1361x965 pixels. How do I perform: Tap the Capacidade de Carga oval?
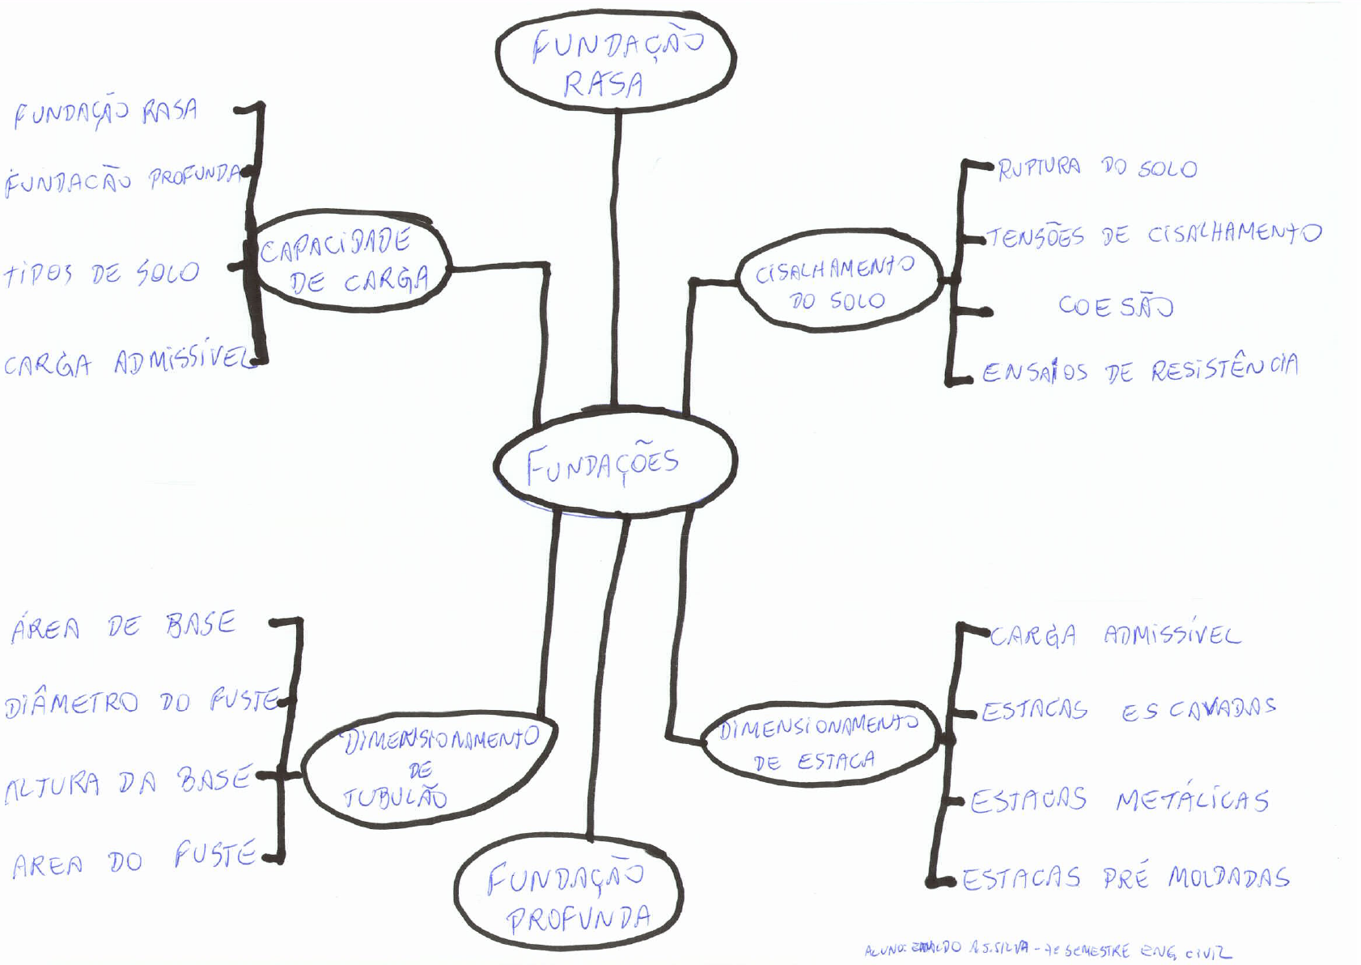pos(350,261)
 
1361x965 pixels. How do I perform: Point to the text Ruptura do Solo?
pos(1096,168)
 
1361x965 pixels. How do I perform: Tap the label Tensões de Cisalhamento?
pos(1153,235)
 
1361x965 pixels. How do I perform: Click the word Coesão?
pos(1115,306)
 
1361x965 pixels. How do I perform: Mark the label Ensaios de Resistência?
pos(1139,369)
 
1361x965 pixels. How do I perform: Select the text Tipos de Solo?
pos(101,274)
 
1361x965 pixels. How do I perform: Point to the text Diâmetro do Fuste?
pos(142,702)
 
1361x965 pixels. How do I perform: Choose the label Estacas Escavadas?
pos(1128,710)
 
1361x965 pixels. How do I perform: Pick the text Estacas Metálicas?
pos(1119,801)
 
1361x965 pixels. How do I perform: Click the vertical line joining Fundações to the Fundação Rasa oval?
pos(617,259)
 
